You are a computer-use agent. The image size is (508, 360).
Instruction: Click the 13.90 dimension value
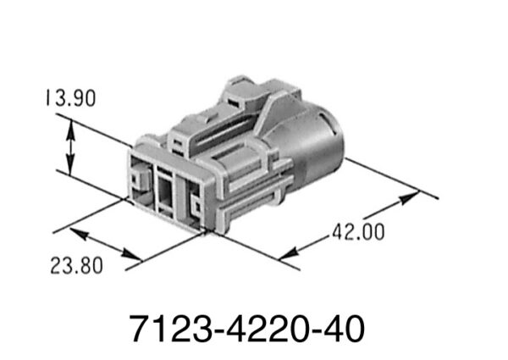tap(70, 97)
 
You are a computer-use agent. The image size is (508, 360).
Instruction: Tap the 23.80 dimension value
tap(76, 265)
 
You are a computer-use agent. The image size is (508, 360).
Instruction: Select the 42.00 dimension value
tap(359, 232)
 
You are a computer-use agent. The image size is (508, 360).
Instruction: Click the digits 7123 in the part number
tap(171, 329)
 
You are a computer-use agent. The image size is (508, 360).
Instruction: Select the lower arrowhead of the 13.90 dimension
tap(70, 164)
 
